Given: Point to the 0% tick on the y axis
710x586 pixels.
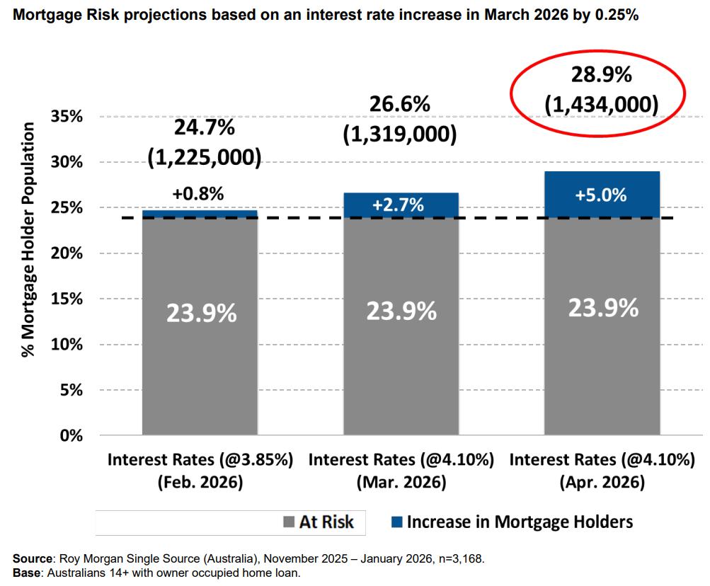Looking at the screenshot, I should (x=69, y=436).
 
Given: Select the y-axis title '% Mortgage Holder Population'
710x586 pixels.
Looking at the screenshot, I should (x=28, y=239).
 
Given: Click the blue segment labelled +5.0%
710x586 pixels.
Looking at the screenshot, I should (x=602, y=194).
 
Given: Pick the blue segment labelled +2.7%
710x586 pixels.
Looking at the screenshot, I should (x=401, y=205).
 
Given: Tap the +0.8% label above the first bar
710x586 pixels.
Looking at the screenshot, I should (x=200, y=193).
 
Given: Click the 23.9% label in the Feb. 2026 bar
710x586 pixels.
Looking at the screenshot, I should (x=200, y=313).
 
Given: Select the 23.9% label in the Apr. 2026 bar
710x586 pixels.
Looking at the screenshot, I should (x=602, y=308).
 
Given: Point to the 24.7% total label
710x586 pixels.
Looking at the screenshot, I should (x=205, y=128).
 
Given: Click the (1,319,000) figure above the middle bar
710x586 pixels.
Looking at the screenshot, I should (x=400, y=134).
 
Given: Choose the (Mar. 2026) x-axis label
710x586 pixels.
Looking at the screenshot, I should (x=401, y=483).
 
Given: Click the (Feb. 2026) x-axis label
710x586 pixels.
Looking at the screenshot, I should (x=200, y=483).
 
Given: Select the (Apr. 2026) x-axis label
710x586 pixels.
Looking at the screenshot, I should (x=602, y=483).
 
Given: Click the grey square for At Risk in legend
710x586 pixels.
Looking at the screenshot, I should (x=287, y=523).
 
